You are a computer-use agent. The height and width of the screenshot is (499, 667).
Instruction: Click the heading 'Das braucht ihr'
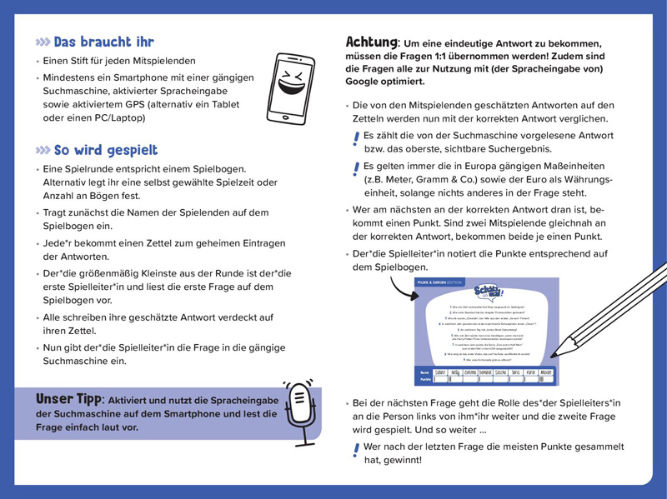point(103,42)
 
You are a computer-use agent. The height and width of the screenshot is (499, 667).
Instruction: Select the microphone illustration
point(298,412)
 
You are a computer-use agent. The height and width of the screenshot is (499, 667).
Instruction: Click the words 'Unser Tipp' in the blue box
point(69,399)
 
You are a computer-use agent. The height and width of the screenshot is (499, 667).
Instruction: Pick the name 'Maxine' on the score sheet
point(545,372)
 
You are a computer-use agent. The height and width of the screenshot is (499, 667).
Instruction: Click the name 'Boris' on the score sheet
point(515,372)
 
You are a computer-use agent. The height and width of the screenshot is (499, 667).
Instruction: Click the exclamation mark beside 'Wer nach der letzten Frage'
point(356,450)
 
